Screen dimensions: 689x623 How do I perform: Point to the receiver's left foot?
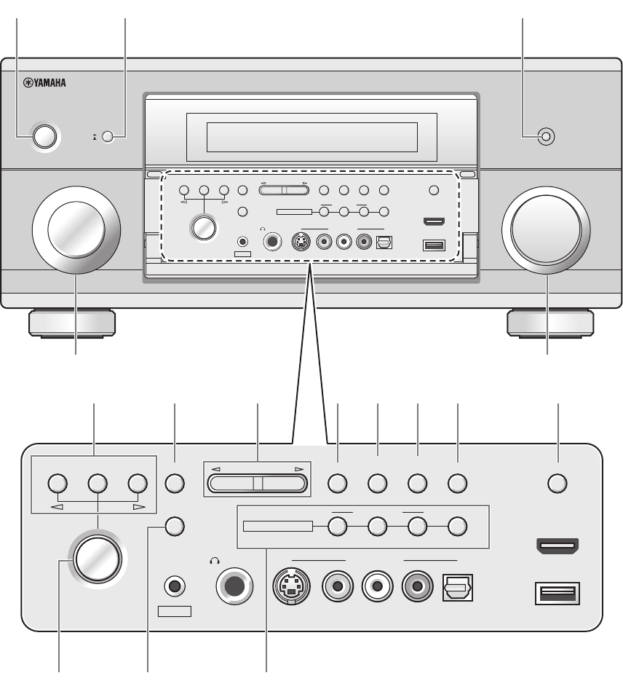point(71,323)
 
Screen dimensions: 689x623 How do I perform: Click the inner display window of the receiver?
point(311,135)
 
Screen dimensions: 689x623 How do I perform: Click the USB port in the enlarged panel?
point(557,592)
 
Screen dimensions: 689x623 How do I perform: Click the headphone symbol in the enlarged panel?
point(214,561)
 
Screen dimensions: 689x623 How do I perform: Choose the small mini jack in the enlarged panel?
point(174,584)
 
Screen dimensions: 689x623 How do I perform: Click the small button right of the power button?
point(108,136)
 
